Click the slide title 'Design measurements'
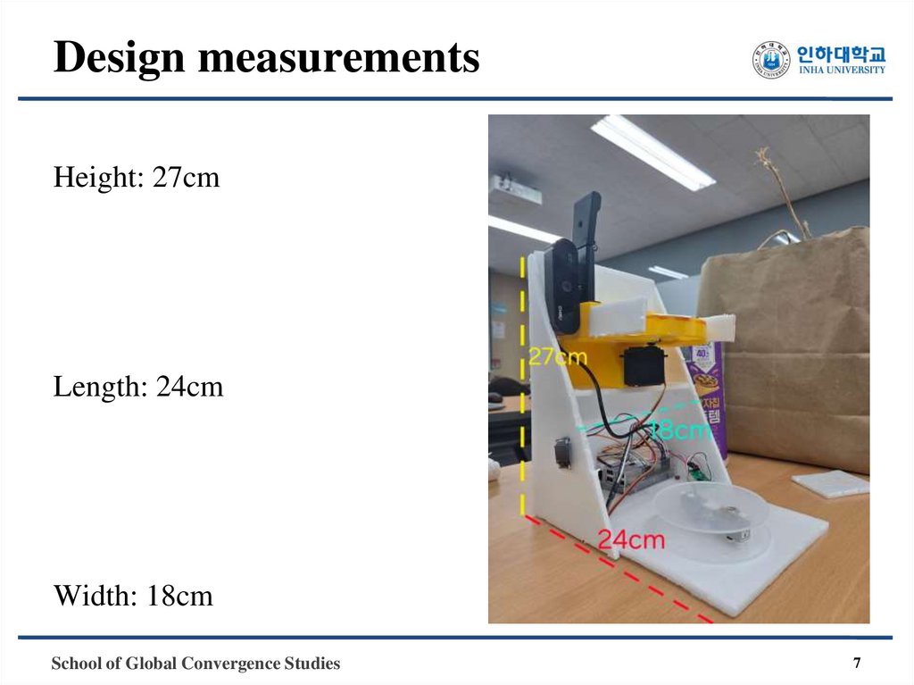point(266,59)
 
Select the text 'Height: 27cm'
point(137,178)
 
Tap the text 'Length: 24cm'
point(138,388)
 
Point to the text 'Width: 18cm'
point(133,595)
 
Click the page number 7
point(857,664)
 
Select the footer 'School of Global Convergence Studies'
point(195,664)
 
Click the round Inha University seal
point(771,60)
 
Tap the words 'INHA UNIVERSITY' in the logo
point(842,71)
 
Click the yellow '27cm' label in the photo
point(558,357)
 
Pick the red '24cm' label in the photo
point(631,539)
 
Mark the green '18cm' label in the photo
point(680,430)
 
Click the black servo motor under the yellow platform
point(643,364)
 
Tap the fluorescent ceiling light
point(652,152)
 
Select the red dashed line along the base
point(625,572)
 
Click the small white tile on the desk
point(830,483)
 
